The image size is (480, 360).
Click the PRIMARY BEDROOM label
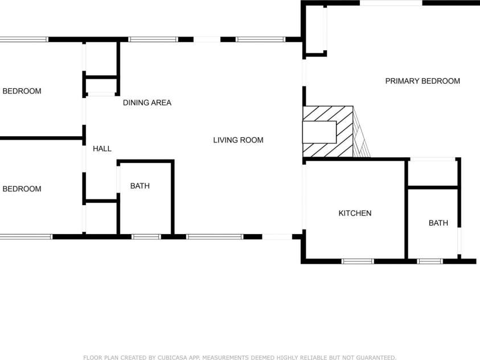coord(422,81)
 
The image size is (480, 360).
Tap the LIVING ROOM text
coord(238,140)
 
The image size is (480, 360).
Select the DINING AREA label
coord(147,103)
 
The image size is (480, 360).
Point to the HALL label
coord(102,149)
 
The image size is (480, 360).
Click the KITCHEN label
coord(355,214)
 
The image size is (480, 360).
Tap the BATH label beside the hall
coord(140,186)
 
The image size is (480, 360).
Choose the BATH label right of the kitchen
coord(438,223)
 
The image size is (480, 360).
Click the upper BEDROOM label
coord(22,91)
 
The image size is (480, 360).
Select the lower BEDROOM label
coord(22,189)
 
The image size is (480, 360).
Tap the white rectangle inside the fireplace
coord(319,132)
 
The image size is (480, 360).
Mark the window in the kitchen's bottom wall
coord(358,261)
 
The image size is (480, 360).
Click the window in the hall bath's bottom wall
coord(146,236)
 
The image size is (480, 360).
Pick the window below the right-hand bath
coord(430,261)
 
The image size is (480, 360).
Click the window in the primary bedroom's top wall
coord(391,3)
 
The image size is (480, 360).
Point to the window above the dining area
coord(153,39)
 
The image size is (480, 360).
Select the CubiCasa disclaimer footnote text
coord(240,357)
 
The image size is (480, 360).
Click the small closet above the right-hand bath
coord(433,173)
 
